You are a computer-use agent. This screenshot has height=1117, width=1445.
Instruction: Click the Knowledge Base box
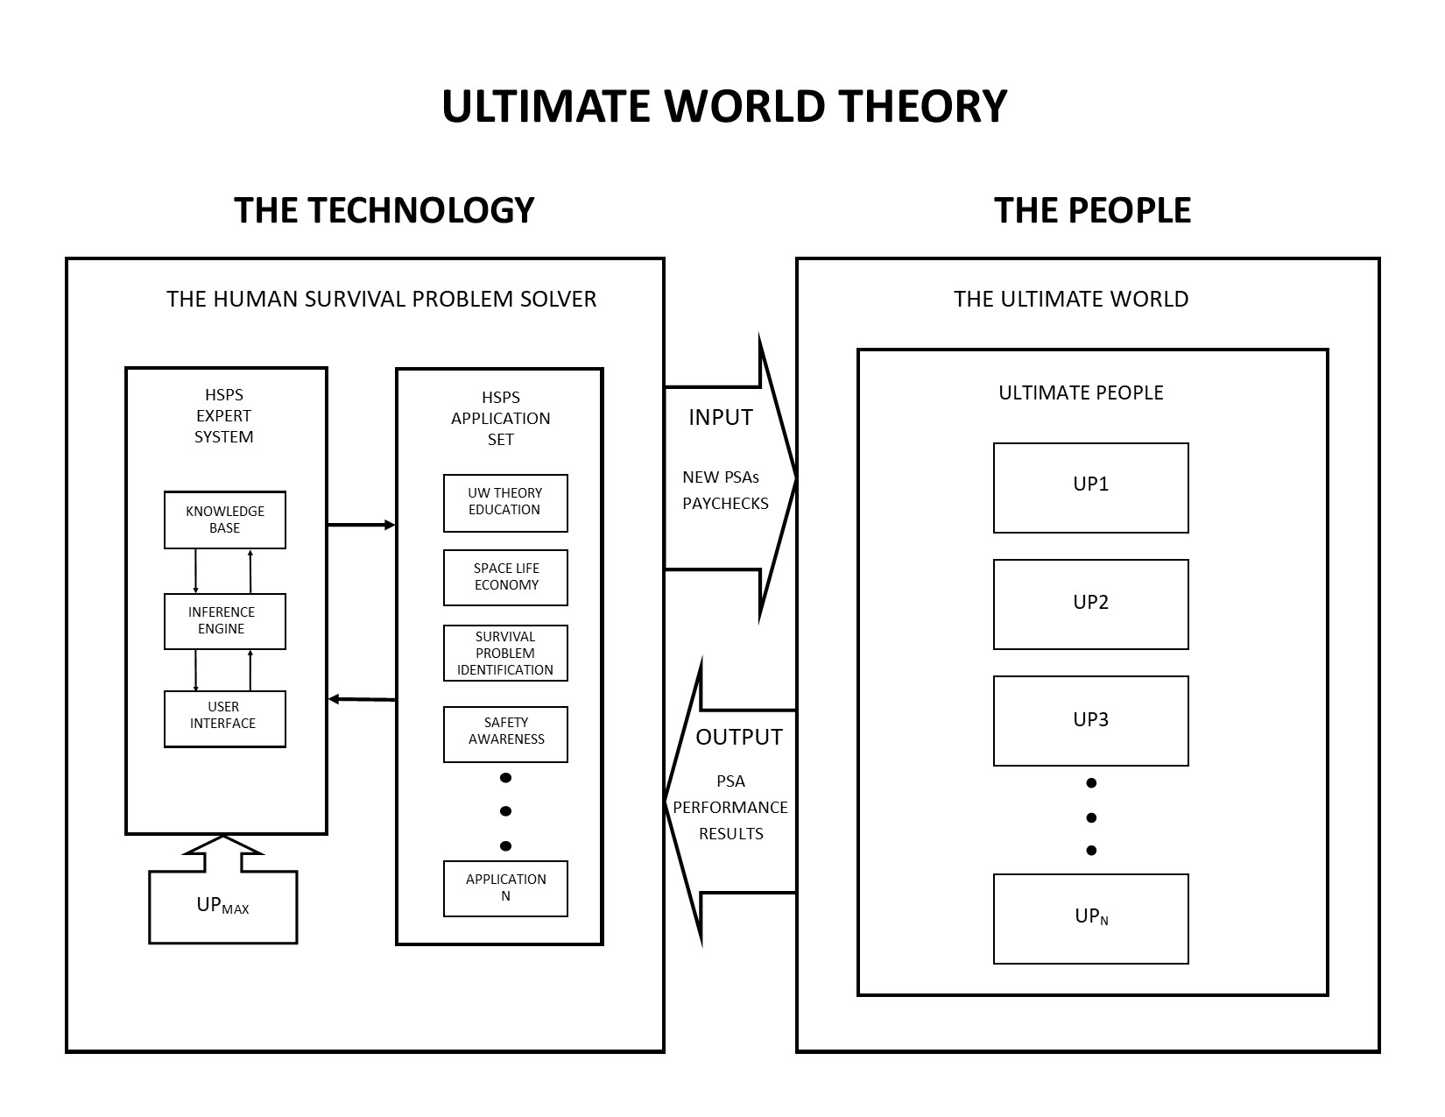point(225,520)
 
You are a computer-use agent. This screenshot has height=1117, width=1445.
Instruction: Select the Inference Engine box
point(225,621)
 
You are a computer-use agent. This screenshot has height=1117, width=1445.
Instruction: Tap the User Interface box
point(225,718)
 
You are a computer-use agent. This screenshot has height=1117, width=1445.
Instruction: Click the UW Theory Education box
point(505,503)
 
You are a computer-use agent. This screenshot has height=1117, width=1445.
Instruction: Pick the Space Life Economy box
point(505,577)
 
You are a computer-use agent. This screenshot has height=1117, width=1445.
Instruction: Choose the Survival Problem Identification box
point(505,653)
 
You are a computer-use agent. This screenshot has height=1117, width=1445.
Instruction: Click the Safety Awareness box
point(505,734)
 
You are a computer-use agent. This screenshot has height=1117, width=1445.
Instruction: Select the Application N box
point(505,888)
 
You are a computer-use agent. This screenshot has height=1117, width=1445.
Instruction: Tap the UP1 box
point(1090,487)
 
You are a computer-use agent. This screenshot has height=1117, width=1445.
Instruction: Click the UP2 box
point(1090,604)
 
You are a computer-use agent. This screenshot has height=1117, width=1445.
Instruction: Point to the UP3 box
point(1090,720)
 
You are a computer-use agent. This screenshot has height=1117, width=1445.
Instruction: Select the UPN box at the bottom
point(1090,918)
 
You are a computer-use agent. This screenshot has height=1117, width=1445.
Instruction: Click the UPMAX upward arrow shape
point(223,902)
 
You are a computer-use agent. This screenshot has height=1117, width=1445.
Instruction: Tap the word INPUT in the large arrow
point(721,418)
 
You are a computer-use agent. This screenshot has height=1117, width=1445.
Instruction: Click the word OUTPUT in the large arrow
point(739,738)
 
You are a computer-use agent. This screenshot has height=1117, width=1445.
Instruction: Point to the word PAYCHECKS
point(725,504)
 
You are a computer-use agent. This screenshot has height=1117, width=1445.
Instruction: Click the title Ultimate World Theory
point(724,106)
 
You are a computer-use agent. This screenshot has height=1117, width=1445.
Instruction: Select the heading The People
point(1092,210)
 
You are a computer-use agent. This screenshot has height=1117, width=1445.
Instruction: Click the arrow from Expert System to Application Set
point(361,525)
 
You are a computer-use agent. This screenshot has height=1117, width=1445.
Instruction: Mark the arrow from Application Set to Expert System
point(361,699)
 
